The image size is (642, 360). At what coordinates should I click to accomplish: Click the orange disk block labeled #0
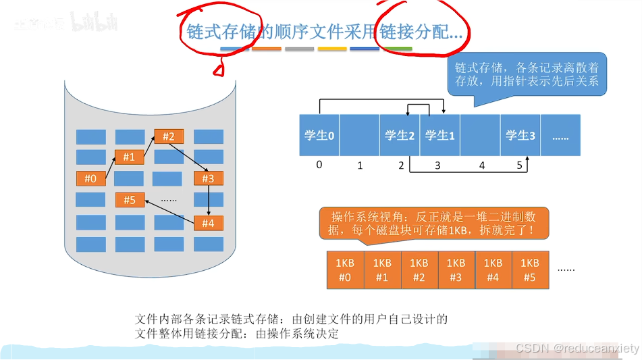[90, 179]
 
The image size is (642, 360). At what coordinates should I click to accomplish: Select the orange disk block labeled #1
[129, 157]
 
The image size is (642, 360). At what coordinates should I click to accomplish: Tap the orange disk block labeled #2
[169, 136]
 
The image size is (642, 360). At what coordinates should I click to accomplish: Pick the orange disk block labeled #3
[208, 178]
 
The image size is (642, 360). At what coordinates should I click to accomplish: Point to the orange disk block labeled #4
[208, 223]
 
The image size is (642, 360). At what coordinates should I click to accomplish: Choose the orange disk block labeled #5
[130, 200]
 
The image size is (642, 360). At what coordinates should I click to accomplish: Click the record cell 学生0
[319, 135]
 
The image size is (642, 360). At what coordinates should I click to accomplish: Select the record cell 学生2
[400, 135]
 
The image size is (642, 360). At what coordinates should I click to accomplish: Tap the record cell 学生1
[439, 135]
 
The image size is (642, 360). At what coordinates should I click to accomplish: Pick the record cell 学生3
[520, 135]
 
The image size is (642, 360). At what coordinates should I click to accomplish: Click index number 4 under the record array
[482, 165]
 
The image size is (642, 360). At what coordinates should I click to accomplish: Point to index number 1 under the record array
[360, 165]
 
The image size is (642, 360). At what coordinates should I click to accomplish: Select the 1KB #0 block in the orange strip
[345, 270]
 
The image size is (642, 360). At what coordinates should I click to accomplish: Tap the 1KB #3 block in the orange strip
[456, 270]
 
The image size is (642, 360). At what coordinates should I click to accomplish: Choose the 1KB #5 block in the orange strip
[530, 270]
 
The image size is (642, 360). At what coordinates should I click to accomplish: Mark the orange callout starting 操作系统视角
[433, 224]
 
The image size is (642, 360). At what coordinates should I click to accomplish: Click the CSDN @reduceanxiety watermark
[577, 349]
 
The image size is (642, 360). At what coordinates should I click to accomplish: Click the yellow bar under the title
[332, 49]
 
